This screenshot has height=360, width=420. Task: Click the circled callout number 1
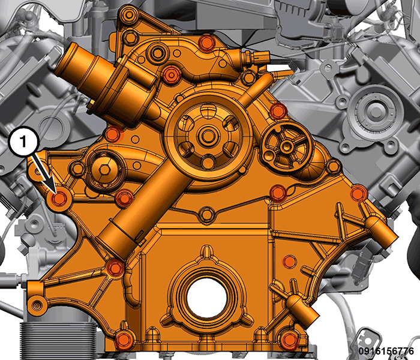23,141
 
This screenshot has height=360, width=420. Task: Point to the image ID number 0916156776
386,351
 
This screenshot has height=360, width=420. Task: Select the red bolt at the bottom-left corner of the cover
123,340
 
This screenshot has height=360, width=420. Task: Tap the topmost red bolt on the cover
206,43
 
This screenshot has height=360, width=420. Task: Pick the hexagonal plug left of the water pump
103,169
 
